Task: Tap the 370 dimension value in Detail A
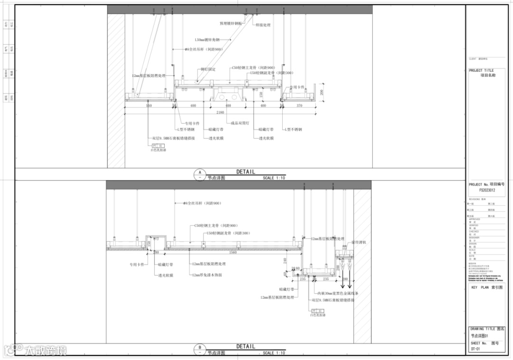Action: coord(299,105)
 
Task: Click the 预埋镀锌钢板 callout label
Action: coord(231,23)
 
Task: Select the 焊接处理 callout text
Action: coord(263,25)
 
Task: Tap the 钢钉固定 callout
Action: coord(208,69)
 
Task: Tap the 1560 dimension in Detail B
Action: coord(233,252)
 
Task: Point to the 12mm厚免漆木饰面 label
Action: coord(207,275)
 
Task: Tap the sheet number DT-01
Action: coord(475,349)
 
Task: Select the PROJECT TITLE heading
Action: coord(481,70)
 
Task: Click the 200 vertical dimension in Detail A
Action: coord(322,93)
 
